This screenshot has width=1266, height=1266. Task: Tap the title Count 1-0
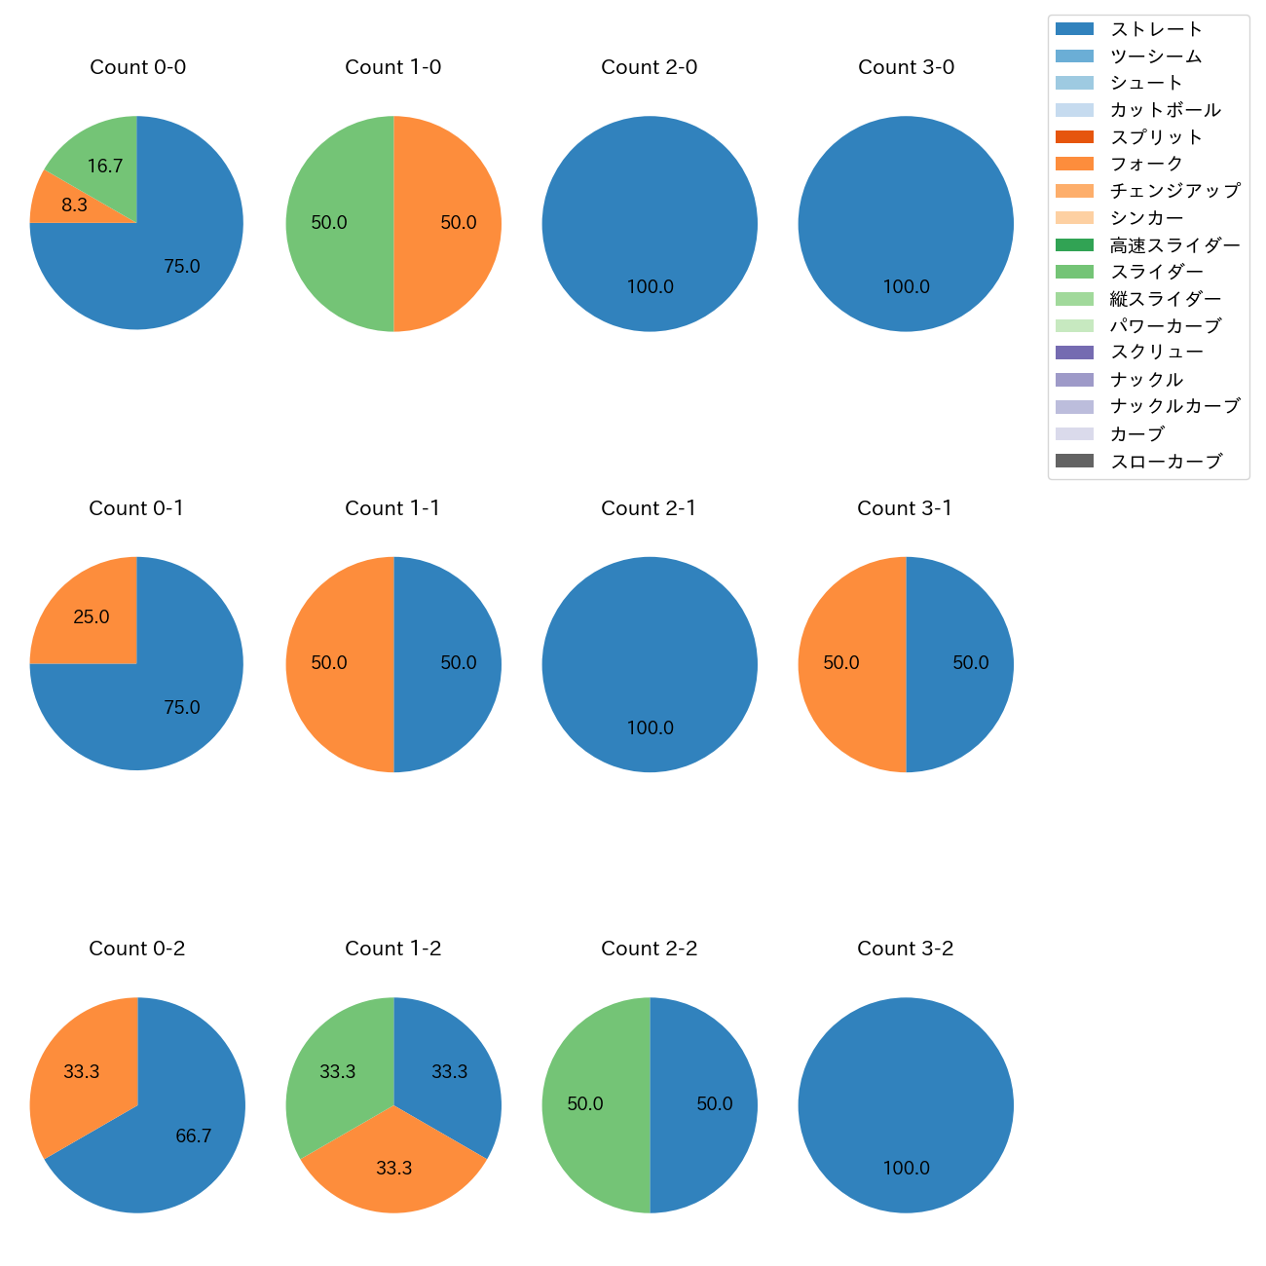[393, 67]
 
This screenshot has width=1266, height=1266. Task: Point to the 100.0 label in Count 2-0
[650, 287]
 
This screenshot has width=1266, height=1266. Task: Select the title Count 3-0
[906, 67]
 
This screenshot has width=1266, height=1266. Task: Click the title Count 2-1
[649, 508]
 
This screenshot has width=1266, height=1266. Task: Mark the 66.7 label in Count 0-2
[194, 1136]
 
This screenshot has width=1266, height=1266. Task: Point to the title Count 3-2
[906, 949]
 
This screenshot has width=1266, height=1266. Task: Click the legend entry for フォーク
[1146, 164]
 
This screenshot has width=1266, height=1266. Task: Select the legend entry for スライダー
[1157, 272]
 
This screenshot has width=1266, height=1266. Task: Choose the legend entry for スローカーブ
[1166, 462]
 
